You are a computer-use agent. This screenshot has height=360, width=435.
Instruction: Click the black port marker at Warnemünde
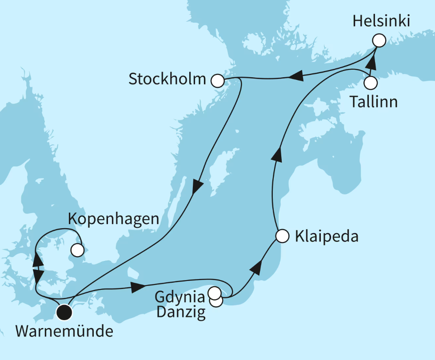[x=65, y=313]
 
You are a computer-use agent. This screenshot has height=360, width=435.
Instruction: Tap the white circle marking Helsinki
[x=379, y=41]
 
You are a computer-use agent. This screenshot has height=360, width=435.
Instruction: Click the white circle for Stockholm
[x=217, y=80]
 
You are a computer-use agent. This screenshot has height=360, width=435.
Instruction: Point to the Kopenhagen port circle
[x=77, y=250]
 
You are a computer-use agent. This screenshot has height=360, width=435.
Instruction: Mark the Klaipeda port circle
[x=282, y=236]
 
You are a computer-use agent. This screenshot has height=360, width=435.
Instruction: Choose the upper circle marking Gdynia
[x=215, y=293]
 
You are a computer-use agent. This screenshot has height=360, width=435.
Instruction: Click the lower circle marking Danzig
[x=217, y=301]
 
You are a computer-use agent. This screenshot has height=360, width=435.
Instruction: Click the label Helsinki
[x=381, y=22]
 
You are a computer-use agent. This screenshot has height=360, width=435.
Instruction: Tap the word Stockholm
[x=167, y=79]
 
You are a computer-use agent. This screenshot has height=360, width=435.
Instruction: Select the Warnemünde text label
[x=64, y=332]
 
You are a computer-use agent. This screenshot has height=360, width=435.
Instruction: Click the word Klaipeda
[x=326, y=236]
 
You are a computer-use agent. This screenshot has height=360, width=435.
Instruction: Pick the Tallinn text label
[x=373, y=102]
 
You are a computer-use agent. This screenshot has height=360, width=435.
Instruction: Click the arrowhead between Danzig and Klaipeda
[x=256, y=268]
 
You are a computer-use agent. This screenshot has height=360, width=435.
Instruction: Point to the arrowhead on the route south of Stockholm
[x=196, y=186]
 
